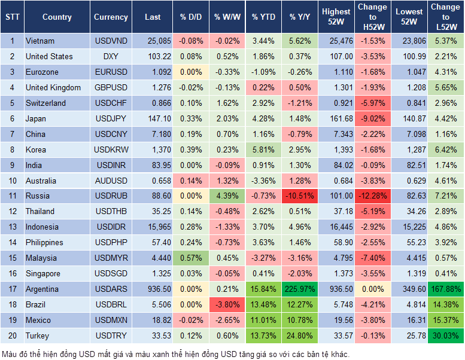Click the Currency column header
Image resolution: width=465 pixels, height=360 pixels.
click(111, 17)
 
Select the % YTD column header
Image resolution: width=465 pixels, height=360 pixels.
click(264, 17)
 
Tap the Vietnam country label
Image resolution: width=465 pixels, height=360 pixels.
click(40, 41)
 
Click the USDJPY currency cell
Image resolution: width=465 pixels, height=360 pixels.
click(111, 119)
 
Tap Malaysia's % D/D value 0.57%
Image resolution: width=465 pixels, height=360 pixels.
click(190, 258)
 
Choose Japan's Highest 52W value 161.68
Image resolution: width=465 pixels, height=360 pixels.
click(336, 119)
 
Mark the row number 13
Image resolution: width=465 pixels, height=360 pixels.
click(12, 227)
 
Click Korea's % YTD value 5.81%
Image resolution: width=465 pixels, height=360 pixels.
click(264, 150)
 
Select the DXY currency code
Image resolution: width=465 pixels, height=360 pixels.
click(111, 57)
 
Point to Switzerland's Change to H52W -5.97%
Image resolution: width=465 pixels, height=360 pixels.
click(372, 103)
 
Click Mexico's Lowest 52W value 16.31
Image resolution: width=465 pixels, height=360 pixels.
click(409, 321)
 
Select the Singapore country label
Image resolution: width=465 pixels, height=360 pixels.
click(43, 274)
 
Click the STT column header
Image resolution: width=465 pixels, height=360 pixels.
click(12, 17)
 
